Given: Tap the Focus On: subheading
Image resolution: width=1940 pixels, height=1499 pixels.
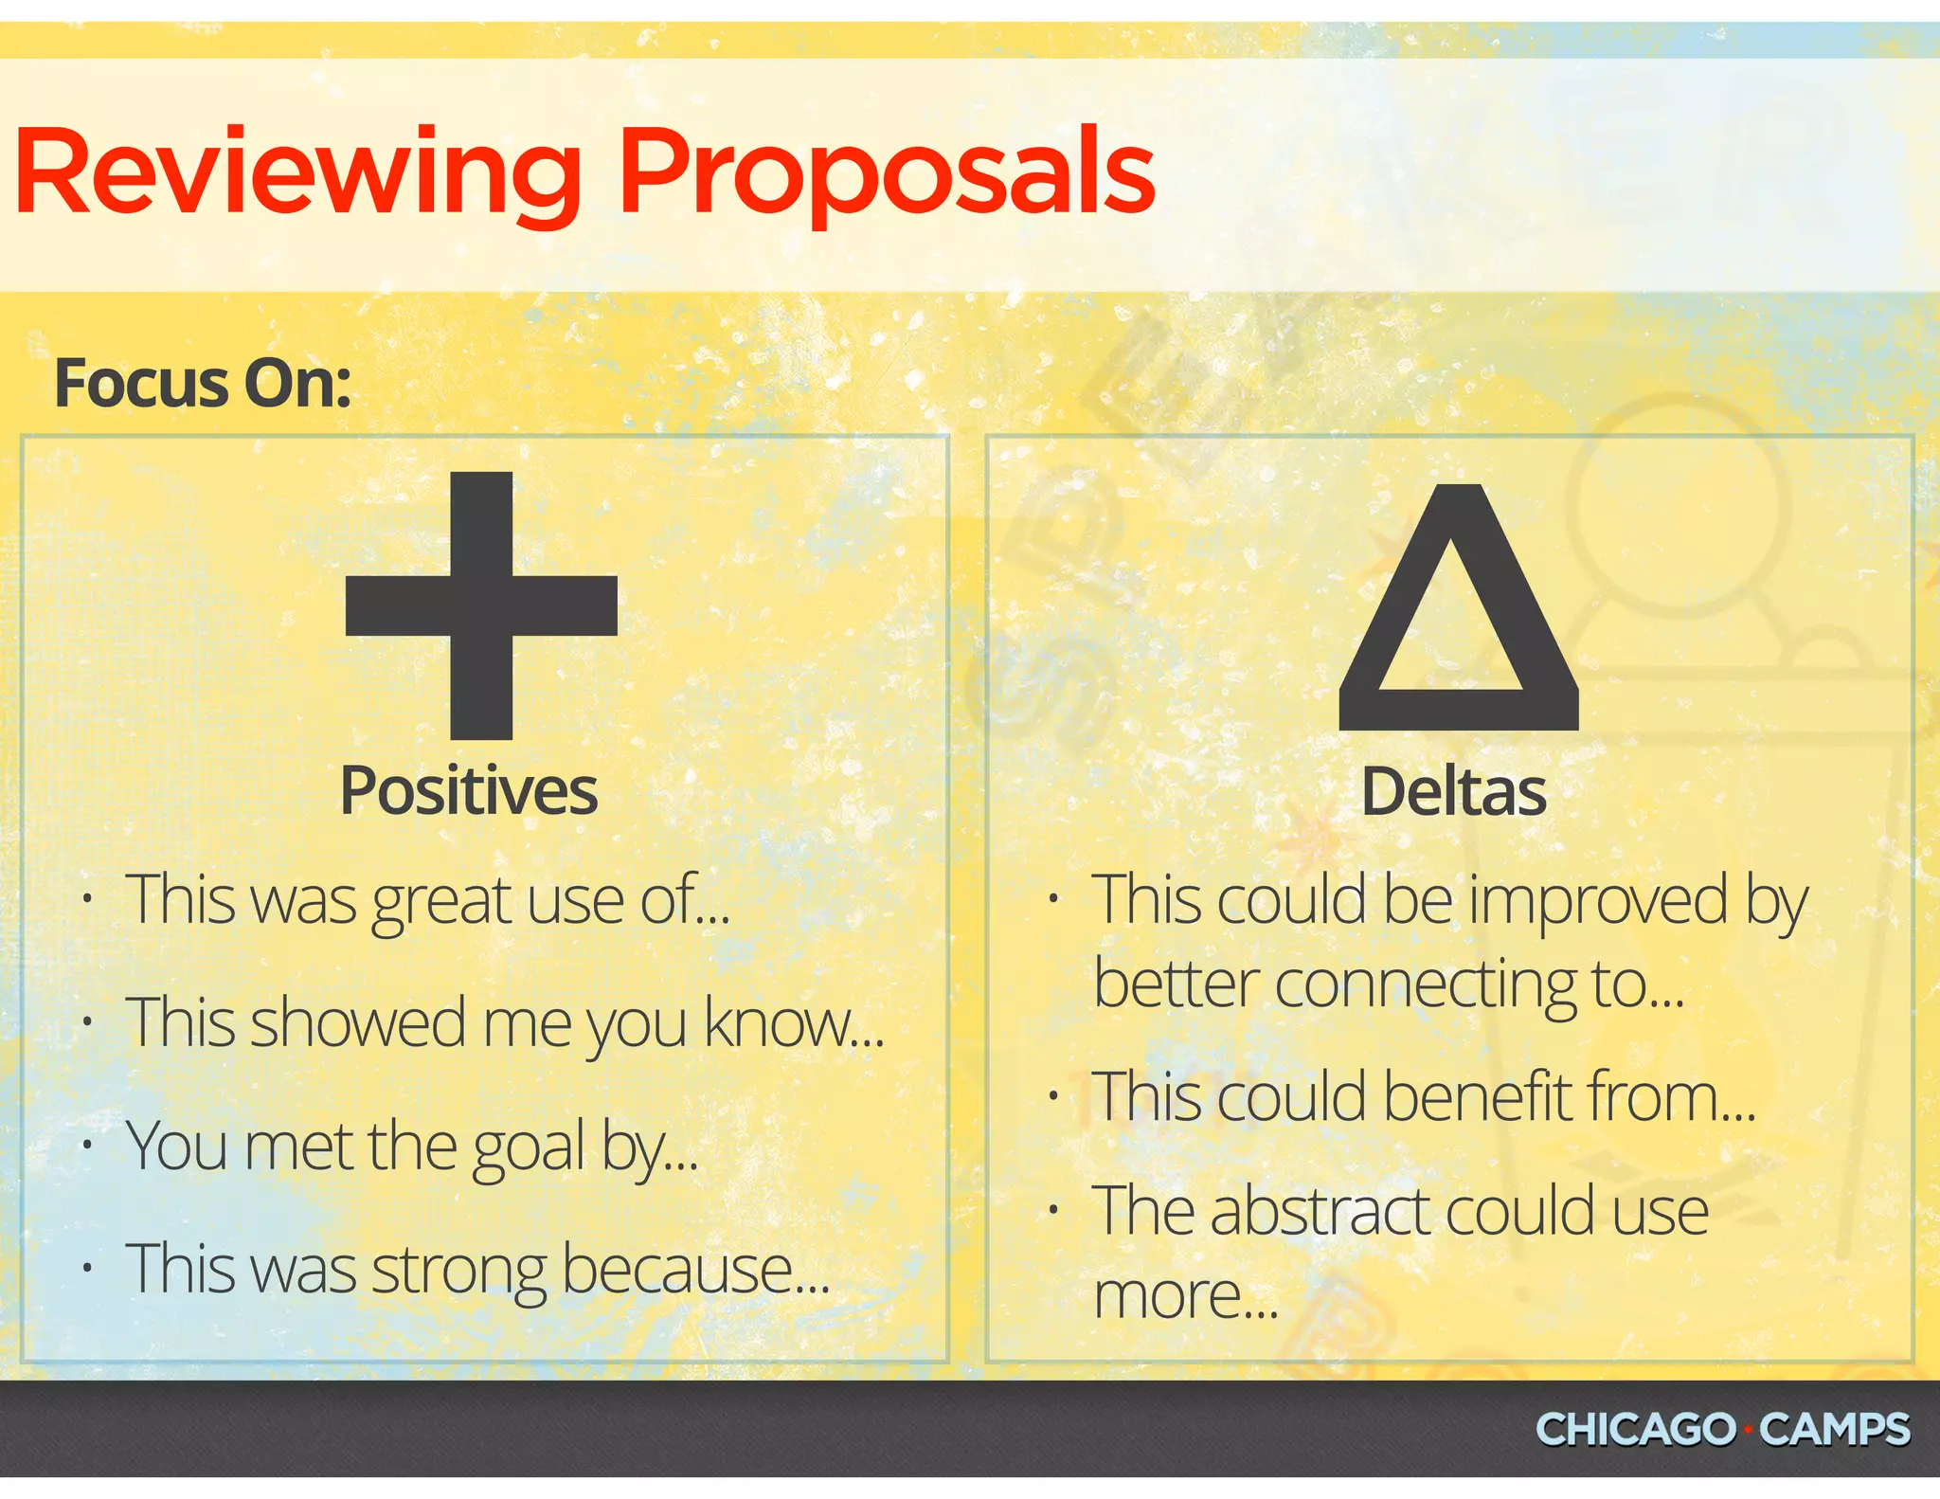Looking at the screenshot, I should [203, 384].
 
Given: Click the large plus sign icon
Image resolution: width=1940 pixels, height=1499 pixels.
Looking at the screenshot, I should [481, 605].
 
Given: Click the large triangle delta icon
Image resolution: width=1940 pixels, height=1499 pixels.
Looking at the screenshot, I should [1459, 616].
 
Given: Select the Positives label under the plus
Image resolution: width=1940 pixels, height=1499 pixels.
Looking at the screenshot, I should [469, 791].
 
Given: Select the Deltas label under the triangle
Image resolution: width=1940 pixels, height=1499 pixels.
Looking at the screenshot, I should [1453, 792].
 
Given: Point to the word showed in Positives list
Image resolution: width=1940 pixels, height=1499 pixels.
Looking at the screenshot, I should [358, 1023].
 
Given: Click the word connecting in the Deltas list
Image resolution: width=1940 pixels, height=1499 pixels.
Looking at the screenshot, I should [1425, 985].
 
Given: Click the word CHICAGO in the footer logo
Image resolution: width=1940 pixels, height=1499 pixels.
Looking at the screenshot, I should [1635, 1429].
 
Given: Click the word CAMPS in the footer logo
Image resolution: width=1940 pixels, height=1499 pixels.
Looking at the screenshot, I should [1834, 1429].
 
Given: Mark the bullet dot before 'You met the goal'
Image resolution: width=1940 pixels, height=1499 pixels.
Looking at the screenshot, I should [87, 1146].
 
